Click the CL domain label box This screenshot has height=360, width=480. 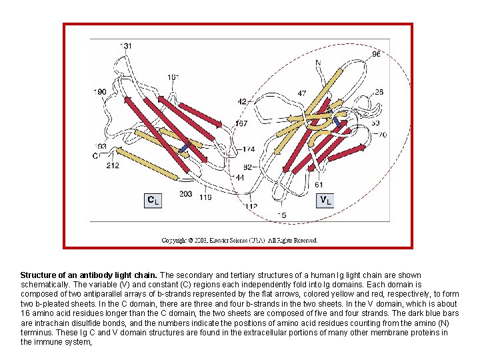[153, 199]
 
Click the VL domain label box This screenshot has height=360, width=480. [324, 199]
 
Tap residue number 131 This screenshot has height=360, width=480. [125, 45]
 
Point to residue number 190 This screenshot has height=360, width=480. [99, 92]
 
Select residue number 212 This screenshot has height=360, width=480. [113, 165]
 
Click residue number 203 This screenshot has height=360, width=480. [185, 194]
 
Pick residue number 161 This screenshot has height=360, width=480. [173, 77]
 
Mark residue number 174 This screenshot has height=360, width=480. [248, 149]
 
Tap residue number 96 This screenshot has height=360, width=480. [377, 54]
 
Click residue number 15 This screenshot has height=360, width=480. [282, 215]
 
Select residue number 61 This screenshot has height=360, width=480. [319, 185]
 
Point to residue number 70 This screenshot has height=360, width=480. [382, 135]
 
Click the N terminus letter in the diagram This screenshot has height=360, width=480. [318, 63]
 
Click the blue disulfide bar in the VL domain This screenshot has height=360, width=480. [338, 123]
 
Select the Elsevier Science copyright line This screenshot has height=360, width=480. [240, 240]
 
